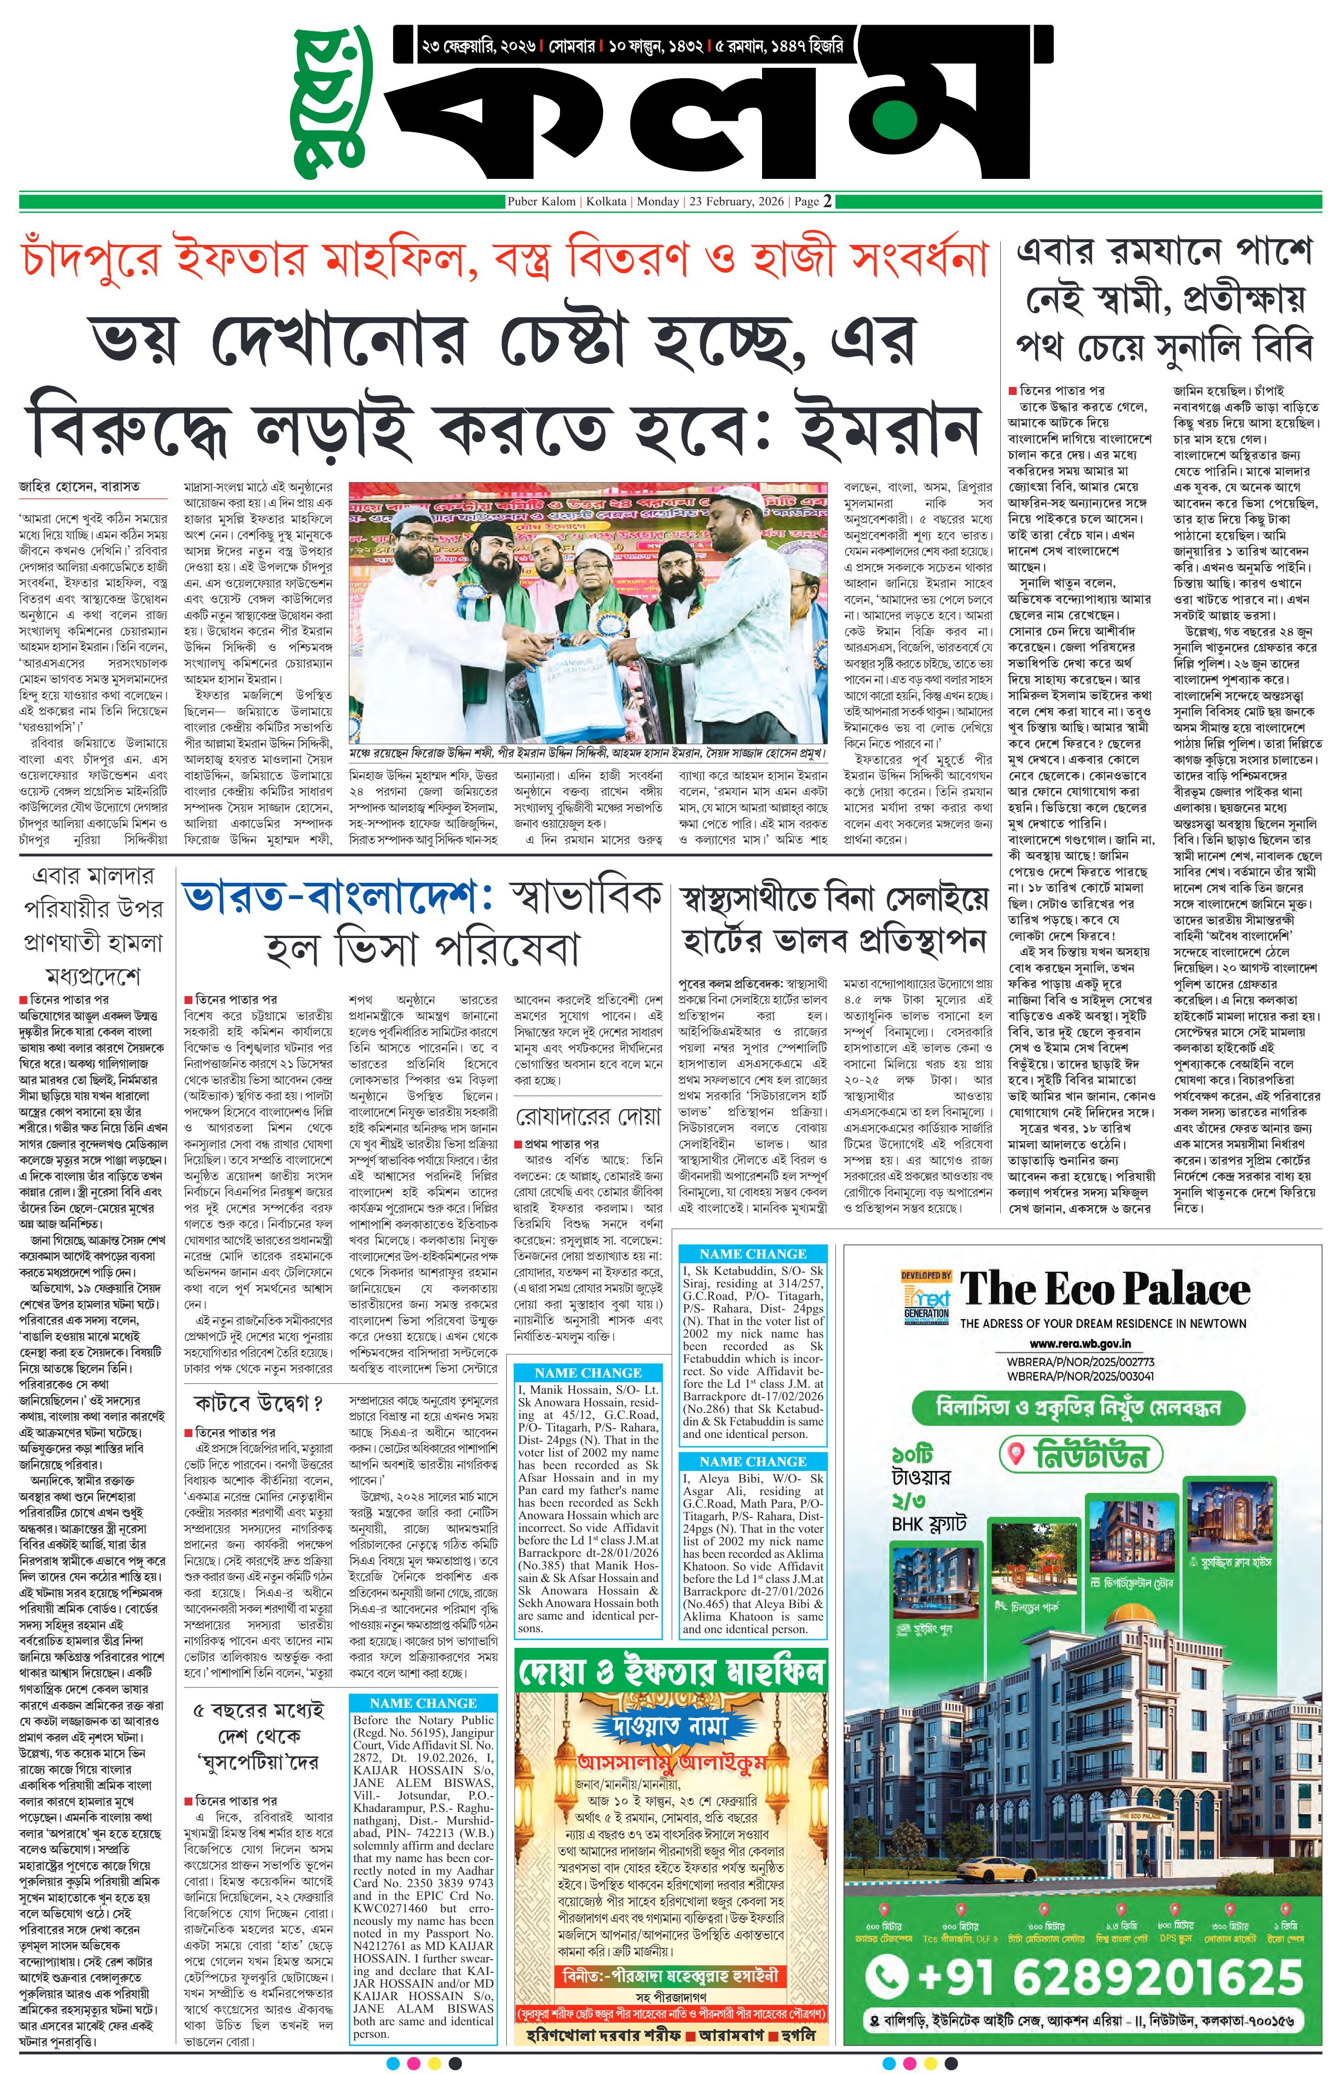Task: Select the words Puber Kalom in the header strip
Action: [x=542, y=201]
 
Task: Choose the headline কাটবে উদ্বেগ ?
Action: [x=259, y=1404]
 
